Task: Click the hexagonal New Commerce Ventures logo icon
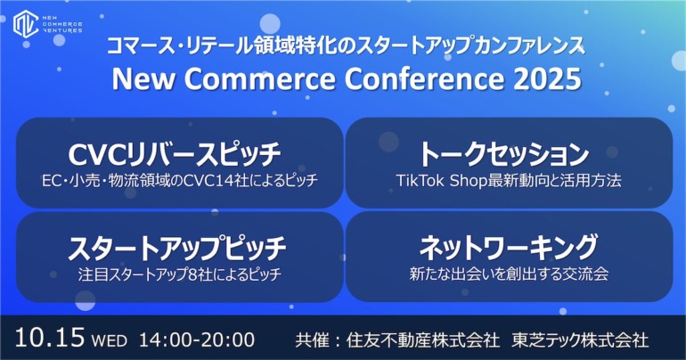26,24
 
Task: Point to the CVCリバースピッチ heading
175,154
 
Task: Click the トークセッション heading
504,154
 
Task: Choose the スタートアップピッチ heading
177,248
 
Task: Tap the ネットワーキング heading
509,247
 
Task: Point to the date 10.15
49,338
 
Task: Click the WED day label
110,340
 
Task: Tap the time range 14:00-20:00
197,340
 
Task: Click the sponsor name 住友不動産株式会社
422,340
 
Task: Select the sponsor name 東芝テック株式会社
580,340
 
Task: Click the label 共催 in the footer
312,340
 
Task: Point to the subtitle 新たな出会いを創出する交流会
509,274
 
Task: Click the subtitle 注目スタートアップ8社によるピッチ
179,274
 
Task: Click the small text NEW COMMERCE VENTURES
62,24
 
